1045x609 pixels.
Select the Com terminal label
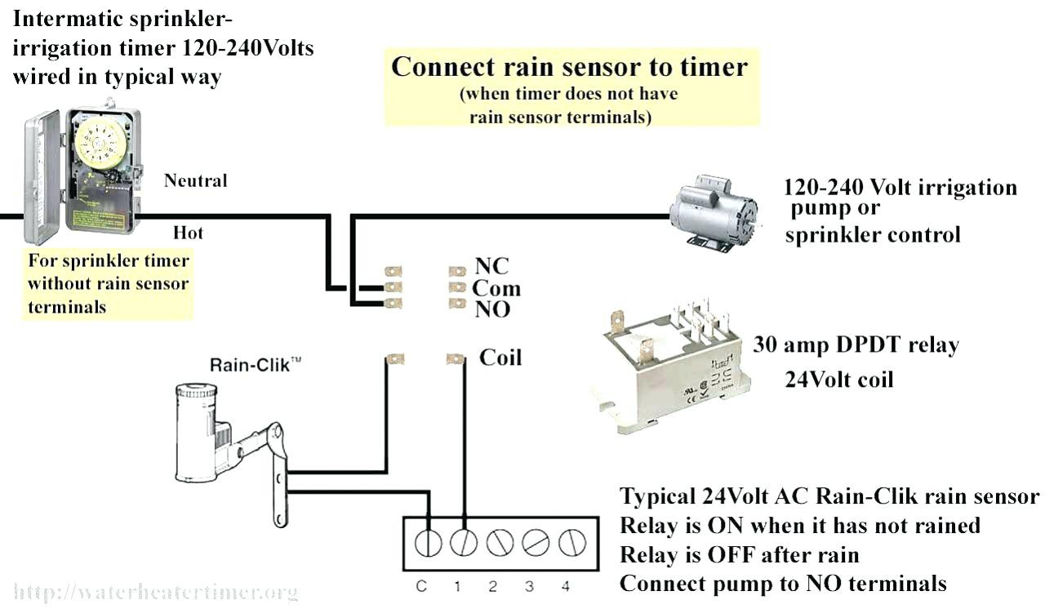(496, 288)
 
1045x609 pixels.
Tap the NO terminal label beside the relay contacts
(492, 309)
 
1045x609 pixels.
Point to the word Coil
(500, 358)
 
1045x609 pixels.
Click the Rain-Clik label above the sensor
(250, 364)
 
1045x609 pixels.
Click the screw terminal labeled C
(429, 541)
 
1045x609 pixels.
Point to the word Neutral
(196, 180)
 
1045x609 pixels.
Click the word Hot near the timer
(188, 233)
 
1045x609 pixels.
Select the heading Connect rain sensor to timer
(569, 66)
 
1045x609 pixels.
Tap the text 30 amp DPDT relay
(856, 345)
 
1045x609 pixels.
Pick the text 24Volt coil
(839, 380)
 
